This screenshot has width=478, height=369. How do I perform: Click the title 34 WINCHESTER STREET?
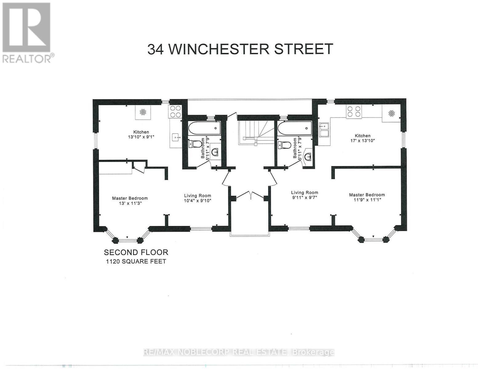click(240, 49)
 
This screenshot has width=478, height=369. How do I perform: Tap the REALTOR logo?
click(27, 32)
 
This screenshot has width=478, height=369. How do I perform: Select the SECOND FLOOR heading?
click(136, 252)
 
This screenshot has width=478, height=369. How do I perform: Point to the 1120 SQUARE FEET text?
click(136, 261)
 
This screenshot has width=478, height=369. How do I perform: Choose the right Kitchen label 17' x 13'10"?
click(363, 138)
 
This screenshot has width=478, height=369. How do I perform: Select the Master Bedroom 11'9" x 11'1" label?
click(367, 197)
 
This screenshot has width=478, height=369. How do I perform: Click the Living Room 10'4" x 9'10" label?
click(198, 198)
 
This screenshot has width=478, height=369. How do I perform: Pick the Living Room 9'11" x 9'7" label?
click(304, 195)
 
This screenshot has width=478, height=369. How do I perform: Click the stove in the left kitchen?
click(175, 111)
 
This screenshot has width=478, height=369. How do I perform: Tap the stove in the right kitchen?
click(354, 112)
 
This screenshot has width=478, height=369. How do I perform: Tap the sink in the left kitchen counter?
click(176, 137)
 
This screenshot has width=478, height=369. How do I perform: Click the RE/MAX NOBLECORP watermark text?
click(239, 352)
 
